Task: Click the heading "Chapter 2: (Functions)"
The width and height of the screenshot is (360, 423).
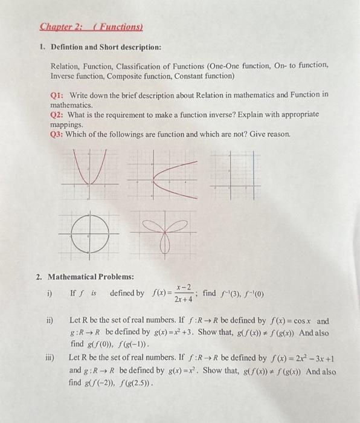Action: [x=90, y=27]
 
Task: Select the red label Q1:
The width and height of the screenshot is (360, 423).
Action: [x=59, y=95]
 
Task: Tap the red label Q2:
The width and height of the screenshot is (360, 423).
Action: [x=59, y=114]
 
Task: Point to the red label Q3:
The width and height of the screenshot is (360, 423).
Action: [x=59, y=134]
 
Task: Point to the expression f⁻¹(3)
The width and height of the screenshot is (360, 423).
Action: [x=227, y=294]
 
